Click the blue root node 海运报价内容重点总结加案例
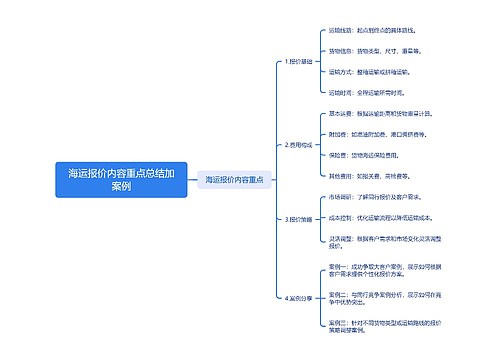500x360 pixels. coord(121,180)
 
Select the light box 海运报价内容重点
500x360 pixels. coord(234,180)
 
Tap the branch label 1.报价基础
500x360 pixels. coord(299,61)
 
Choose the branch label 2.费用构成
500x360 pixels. coord(299,144)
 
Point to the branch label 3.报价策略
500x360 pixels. coord(299,219)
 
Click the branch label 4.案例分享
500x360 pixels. coord(299,298)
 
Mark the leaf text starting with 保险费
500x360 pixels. coord(370,155)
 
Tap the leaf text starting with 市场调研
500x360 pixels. coord(376,197)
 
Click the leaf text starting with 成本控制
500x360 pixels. coord(380,217)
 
